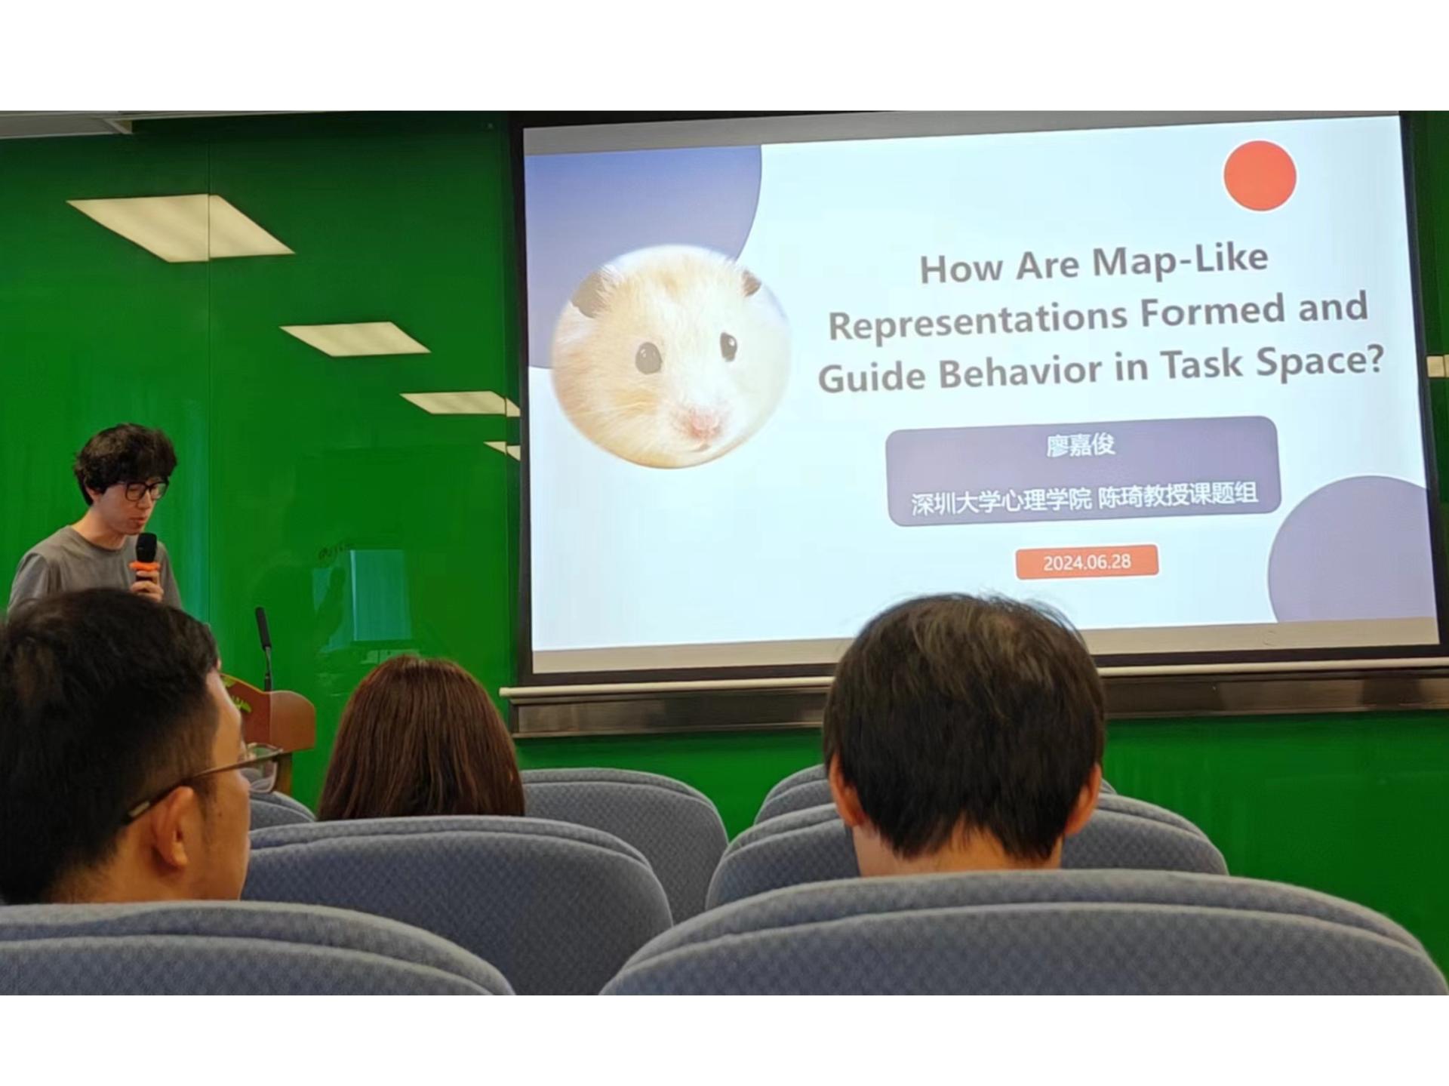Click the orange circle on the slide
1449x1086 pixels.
[x=1260, y=175]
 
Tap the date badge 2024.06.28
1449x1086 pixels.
[x=1087, y=562]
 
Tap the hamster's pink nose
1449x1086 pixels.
[x=703, y=420]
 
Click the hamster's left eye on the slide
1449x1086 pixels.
[x=648, y=356]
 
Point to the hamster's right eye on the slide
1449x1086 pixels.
[x=728, y=345]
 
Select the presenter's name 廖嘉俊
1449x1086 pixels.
[x=1081, y=446]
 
